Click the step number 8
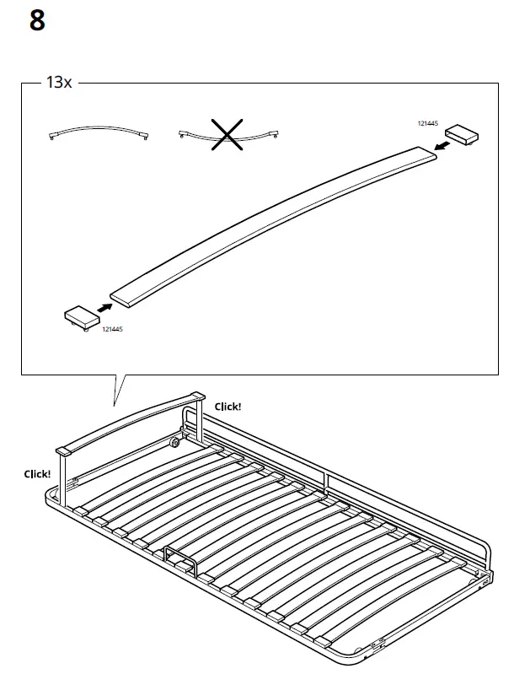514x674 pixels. (37, 20)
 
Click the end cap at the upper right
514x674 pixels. (461, 133)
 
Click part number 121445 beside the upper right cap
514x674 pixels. (428, 123)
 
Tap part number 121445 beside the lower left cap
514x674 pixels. (112, 329)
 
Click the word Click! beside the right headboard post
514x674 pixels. (228, 407)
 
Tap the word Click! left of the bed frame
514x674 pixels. (37, 474)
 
